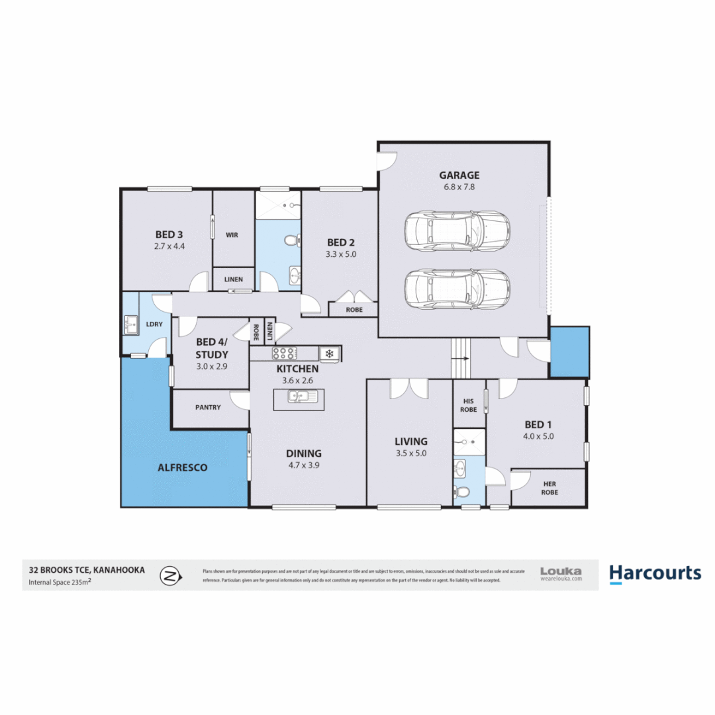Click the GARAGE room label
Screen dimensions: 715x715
click(459, 175)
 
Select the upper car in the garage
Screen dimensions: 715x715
click(457, 232)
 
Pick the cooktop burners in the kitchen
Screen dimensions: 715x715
click(284, 354)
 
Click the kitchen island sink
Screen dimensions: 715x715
click(303, 397)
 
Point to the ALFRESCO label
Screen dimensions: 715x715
click(182, 467)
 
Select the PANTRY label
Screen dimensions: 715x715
click(208, 408)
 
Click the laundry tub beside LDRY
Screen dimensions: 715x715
click(130, 325)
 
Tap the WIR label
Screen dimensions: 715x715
click(232, 235)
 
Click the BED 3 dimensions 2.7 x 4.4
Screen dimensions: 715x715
click(169, 246)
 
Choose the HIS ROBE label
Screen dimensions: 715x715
click(469, 405)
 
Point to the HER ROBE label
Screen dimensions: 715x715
click(549, 488)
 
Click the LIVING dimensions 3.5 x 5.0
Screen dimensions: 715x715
click(410, 453)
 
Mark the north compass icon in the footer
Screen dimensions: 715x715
click(171, 575)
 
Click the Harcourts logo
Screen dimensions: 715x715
click(654, 573)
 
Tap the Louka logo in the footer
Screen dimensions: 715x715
click(561, 573)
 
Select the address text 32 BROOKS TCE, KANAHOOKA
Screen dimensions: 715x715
click(86, 569)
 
